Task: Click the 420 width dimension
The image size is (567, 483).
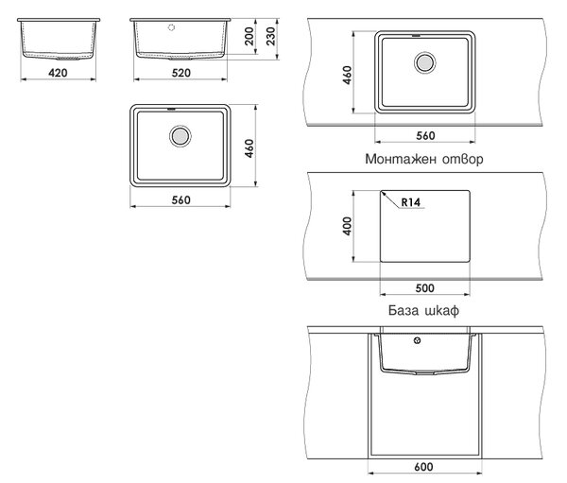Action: (58, 73)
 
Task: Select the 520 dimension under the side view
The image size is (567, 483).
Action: (180, 73)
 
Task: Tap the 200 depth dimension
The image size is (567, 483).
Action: (249, 36)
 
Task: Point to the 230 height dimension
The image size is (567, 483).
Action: (270, 36)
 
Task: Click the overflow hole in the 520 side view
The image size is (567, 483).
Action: (171, 27)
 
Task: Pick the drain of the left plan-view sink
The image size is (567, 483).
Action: (180, 136)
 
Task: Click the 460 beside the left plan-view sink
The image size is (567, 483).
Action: (249, 148)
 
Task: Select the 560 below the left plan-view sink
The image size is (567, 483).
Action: (180, 200)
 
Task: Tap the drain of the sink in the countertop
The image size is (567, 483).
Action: (424, 63)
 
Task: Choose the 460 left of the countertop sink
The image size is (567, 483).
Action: (347, 75)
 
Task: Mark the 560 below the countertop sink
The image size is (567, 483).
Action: (425, 136)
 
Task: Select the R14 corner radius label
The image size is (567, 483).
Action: (411, 202)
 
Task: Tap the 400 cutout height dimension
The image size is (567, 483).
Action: (347, 226)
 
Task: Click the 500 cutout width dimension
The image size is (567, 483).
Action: (424, 288)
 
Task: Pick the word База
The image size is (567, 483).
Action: (404, 310)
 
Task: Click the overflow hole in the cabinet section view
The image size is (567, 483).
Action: (418, 340)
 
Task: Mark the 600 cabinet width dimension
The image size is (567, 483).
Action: (423, 467)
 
